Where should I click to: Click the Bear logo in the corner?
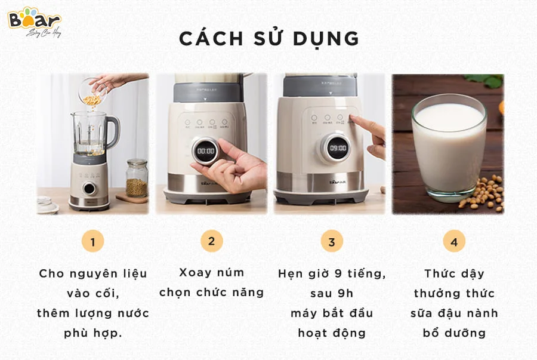[34, 21]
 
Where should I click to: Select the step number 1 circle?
[92, 242]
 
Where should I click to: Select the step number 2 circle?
[211, 241]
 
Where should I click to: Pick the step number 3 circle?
[332, 242]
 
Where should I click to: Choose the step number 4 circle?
[454, 242]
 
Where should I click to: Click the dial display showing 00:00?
[206, 151]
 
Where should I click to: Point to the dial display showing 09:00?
[338, 147]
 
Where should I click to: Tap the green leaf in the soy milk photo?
[486, 80]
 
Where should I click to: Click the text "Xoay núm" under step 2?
[211, 273]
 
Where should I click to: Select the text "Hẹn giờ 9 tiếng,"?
[332, 273]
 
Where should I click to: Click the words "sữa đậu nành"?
[454, 313]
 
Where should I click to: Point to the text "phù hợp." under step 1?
[92, 333]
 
